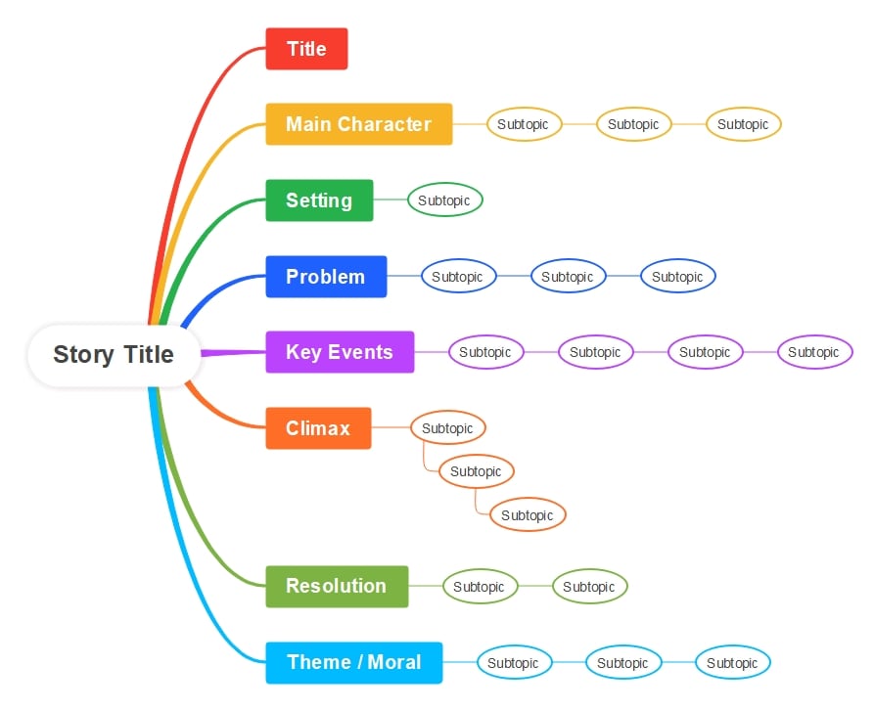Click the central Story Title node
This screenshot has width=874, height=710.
tap(114, 355)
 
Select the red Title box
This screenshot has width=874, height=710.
tap(306, 49)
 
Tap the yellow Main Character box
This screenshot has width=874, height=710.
tap(358, 124)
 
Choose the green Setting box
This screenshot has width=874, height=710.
tap(319, 200)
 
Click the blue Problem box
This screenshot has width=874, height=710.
tap(326, 277)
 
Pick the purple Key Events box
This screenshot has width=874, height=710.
tap(340, 352)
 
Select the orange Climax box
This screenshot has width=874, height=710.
tap(318, 428)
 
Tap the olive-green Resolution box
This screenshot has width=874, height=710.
tap(337, 586)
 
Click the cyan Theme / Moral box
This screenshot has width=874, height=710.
tap(353, 662)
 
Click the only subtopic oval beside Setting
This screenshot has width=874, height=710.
tap(444, 200)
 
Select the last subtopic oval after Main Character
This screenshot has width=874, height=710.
tap(743, 124)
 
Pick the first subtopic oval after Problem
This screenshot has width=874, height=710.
tap(458, 277)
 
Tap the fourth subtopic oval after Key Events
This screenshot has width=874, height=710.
tap(814, 352)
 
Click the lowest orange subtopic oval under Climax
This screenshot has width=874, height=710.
tap(528, 515)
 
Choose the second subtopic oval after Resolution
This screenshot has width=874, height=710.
tap(588, 587)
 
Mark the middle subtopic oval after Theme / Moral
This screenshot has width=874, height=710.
tap(622, 663)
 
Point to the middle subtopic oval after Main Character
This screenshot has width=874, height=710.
tap(633, 124)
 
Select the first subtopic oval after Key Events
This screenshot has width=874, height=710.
tap(485, 352)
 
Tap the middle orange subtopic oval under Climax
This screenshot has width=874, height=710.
tap(477, 471)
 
